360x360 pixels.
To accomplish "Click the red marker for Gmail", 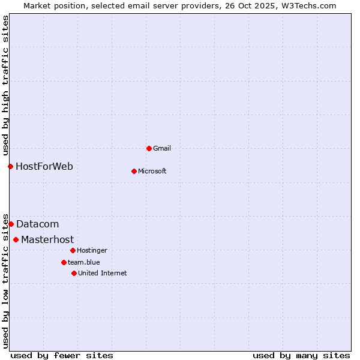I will pos(149,148).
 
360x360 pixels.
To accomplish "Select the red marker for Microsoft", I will pos(134,171).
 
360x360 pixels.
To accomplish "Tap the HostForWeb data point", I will pos(10,166).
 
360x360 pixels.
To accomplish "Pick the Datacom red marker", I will pos(11,224).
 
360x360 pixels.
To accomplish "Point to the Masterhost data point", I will pos(16,239).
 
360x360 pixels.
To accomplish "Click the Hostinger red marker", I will pos(73,250).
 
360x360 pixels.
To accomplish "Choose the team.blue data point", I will pos(64,262).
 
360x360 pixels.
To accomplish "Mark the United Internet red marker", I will pos(74,273).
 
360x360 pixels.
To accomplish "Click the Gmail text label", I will pos(162,148).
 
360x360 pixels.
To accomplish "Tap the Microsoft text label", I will pos(152,171).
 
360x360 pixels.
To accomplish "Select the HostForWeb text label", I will pos(44,166).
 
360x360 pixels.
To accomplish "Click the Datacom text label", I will pos(37,224).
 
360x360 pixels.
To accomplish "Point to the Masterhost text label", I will pos(47,239).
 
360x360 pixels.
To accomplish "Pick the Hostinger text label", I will pos(92,250).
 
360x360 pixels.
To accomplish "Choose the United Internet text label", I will pos(103,273).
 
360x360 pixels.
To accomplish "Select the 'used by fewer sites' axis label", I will pos(62,355).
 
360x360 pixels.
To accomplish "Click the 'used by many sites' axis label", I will pos(301,355).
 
